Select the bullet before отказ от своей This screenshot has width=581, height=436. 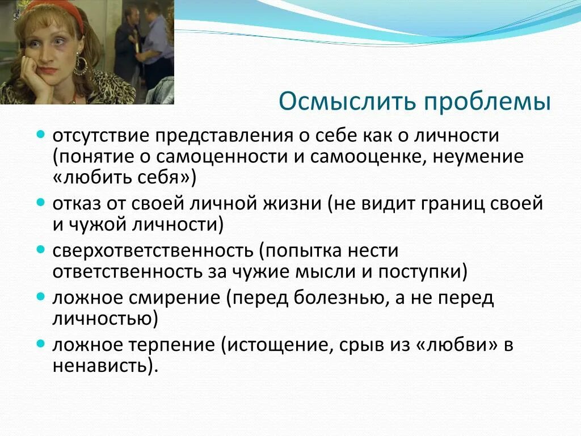(x=40, y=203)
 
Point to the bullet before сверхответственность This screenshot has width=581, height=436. (x=40, y=250)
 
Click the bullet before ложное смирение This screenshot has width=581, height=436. (x=40, y=297)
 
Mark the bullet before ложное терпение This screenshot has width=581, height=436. (x=40, y=343)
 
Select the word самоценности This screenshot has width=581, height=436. (x=222, y=157)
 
